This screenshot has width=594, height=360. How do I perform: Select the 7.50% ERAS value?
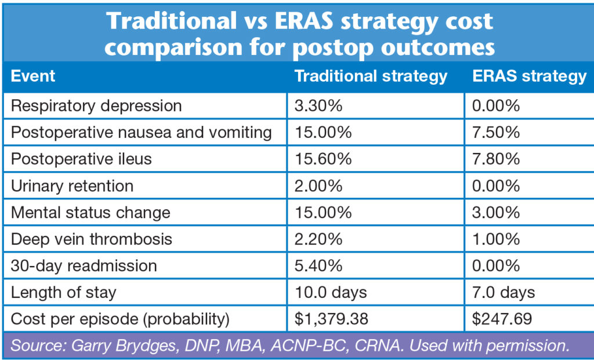pyautogui.click(x=497, y=133)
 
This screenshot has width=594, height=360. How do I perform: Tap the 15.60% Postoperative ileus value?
pyautogui.click(x=324, y=159)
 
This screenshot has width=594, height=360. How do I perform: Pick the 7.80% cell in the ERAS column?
pyautogui.click(x=497, y=159)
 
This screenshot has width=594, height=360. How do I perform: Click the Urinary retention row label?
pyautogui.click(x=72, y=186)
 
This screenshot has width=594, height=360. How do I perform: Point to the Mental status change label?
pyautogui.click(x=90, y=213)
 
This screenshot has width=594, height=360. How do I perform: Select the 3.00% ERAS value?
pyautogui.click(x=497, y=213)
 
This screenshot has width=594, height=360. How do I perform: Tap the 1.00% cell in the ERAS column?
pyautogui.click(x=497, y=239)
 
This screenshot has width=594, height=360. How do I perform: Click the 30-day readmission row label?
pyautogui.click(x=84, y=266)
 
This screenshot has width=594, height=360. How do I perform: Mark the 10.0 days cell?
pyautogui.click(x=331, y=293)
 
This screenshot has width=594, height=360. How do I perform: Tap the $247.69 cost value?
pyautogui.click(x=501, y=319)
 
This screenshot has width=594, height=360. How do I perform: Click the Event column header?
pyautogui.click(x=33, y=76)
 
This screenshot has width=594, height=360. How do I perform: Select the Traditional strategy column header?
pyautogui.click(x=371, y=77)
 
